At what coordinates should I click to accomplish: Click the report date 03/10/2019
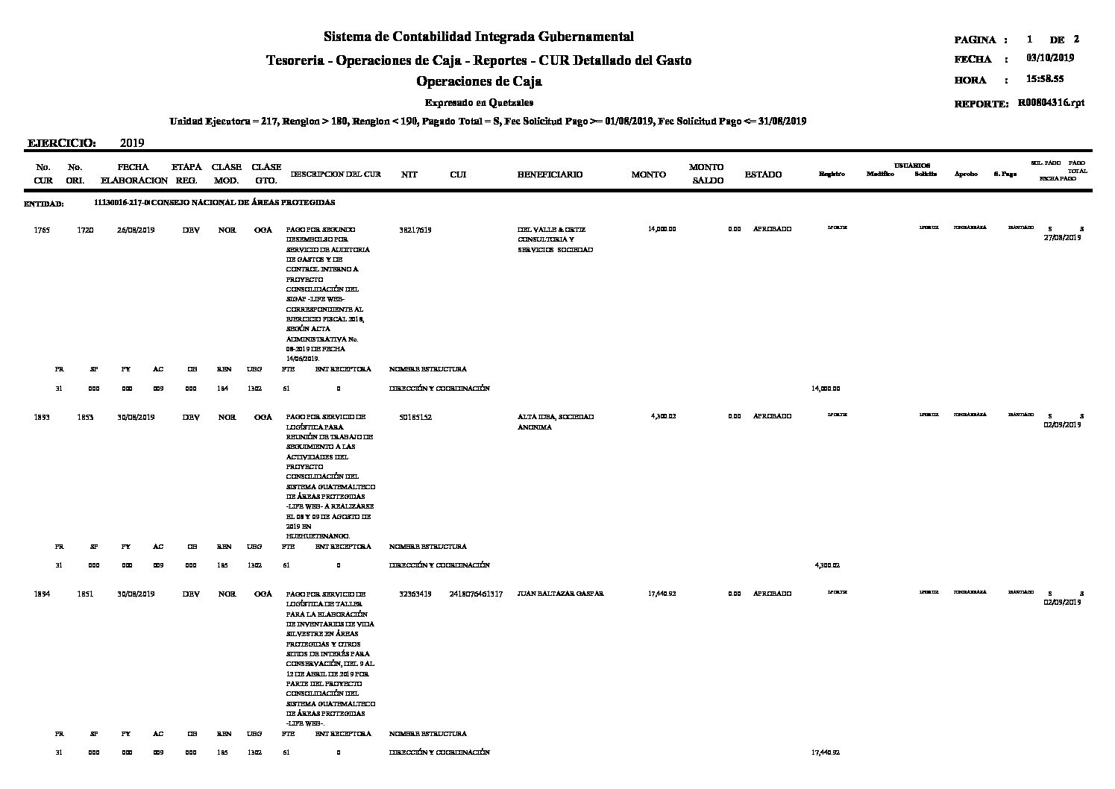[x=1050, y=58]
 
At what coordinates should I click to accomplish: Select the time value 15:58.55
[x=1045, y=79]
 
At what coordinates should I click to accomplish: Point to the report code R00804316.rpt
[x=1051, y=104]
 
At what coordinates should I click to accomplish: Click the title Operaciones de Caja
[x=479, y=81]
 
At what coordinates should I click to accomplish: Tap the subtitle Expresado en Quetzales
[x=479, y=103]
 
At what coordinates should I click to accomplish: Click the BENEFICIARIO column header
[x=550, y=175]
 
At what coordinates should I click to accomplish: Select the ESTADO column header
[x=763, y=175]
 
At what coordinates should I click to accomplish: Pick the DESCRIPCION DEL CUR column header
[x=336, y=175]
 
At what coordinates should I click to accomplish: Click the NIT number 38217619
[x=415, y=230]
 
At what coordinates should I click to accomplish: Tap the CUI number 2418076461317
[x=476, y=594]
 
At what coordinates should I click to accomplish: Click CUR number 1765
[x=42, y=230]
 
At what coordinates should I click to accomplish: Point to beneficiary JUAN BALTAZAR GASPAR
[x=560, y=594]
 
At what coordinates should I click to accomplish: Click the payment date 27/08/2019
[x=1062, y=238]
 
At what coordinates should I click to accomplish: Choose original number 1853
[x=85, y=417]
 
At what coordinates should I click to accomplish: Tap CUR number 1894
[x=42, y=594]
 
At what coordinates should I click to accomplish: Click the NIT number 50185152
[x=415, y=417]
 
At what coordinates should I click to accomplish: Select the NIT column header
[x=409, y=175]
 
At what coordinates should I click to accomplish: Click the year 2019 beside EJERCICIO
[x=131, y=142]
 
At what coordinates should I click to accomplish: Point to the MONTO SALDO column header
[x=706, y=174]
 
